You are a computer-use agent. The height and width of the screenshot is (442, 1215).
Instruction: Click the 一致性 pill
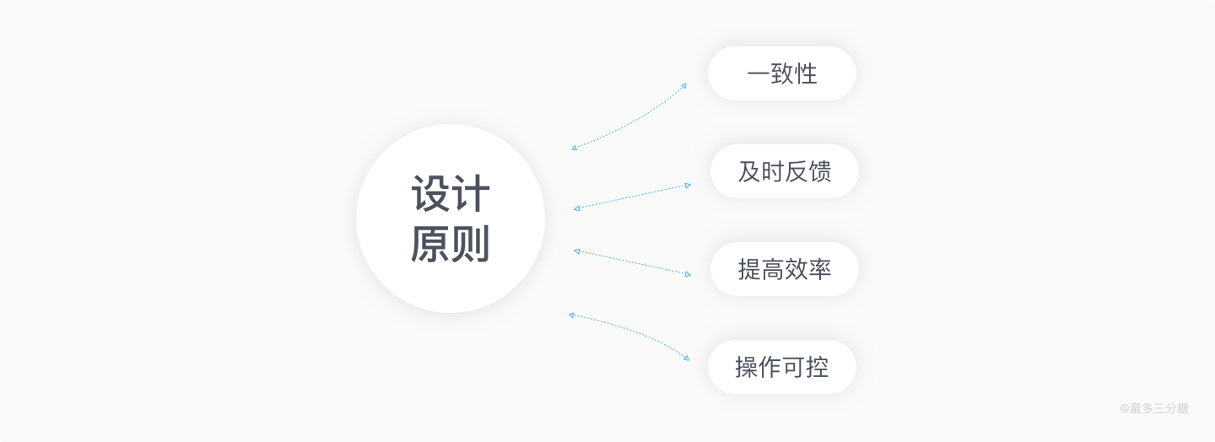coord(781,73)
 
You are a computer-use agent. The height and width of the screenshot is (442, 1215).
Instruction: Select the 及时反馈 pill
coord(784,171)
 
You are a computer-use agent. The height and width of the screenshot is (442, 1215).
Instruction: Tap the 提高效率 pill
coord(784,269)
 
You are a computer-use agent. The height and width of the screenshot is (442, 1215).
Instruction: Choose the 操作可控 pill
coord(781,367)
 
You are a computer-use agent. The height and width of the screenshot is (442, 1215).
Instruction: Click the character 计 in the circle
coord(471,194)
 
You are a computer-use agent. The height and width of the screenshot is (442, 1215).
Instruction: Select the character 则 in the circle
coord(471,245)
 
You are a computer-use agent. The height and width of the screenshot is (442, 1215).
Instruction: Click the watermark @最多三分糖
coord(1153,408)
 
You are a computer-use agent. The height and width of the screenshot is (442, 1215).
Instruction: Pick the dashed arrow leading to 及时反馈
coord(633,197)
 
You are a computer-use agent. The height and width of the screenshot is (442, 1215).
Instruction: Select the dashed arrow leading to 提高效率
coord(633,262)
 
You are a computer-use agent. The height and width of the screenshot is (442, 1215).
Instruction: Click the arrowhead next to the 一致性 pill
coord(683,85)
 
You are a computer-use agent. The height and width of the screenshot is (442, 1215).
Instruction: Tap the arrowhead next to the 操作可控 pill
coord(686,358)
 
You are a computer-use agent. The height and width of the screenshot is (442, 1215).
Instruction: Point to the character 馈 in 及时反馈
coord(820,171)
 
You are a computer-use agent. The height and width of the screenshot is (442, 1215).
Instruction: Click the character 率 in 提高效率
coord(820,269)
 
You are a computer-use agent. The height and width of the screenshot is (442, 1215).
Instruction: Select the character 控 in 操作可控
coord(817,367)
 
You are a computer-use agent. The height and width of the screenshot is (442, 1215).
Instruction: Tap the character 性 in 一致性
coord(807,73)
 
